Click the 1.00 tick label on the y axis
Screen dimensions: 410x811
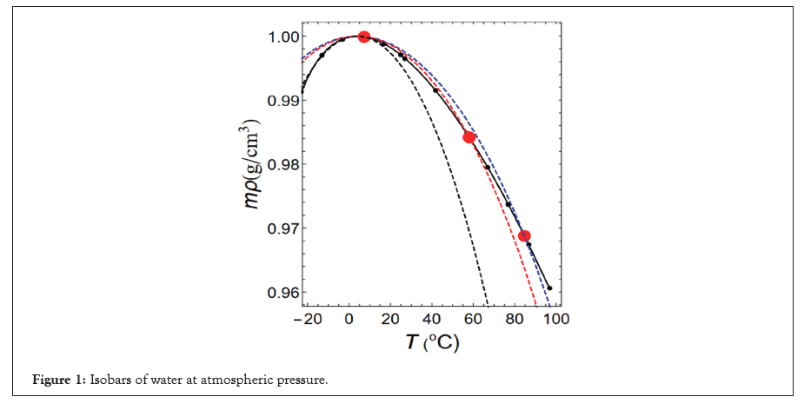[280, 36]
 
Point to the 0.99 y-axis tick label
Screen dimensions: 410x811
[280, 101]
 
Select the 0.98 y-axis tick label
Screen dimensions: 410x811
[280, 165]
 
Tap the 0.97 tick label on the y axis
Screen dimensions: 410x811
[280, 228]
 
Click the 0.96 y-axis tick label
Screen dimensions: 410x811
[280, 293]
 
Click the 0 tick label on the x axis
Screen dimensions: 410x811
[349, 319]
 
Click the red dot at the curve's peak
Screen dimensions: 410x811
[364, 36]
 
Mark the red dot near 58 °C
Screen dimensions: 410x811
[469, 137]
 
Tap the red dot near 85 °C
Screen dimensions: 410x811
[524, 235]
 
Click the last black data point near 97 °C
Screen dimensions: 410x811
[549, 288]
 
